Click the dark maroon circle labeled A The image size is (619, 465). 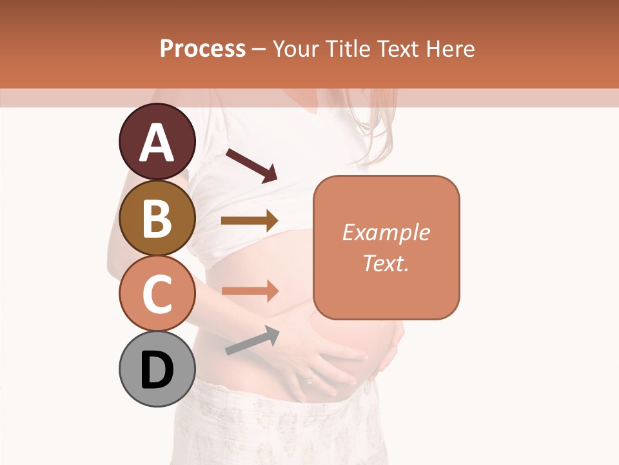tap(157, 141)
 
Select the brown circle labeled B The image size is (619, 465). tap(157, 218)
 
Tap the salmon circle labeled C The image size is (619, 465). tap(157, 293)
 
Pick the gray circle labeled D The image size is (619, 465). tap(157, 369)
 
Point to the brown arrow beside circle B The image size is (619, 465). tap(250, 221)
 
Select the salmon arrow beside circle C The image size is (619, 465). tap(250, 291)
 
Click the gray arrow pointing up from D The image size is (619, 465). tap(252, 340)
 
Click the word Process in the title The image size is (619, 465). tap(202, 48)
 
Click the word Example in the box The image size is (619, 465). tap(386, 232)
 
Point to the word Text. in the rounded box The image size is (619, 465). tap(386, 263)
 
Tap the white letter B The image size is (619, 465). tap(157, 218)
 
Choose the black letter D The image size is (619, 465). tap(157, 370)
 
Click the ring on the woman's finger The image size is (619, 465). tap(309, 380)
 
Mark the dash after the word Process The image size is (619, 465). tap(259, 49)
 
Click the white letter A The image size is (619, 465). tap(157, 143)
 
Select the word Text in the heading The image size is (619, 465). tap(398, 48)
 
